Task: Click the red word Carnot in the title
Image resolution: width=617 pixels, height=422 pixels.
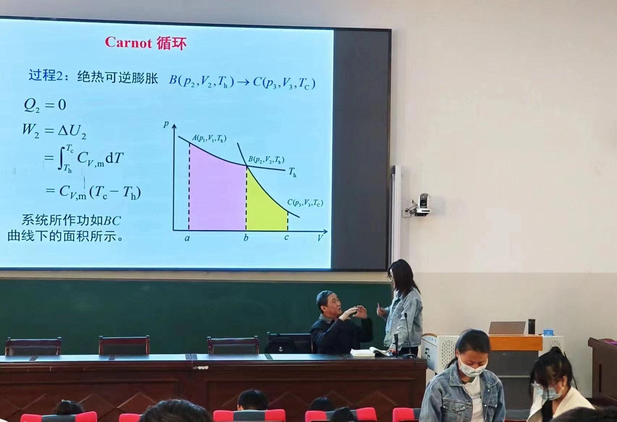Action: [x=128, y=42]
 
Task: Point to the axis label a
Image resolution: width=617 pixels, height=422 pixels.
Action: [x=187, y=238]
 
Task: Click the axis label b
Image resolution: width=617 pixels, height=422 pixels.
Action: [x=246, y=237]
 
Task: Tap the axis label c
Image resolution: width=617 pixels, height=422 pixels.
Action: [x=286, y=237]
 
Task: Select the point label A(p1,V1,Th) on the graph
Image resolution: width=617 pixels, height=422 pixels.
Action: [x=209, y=138]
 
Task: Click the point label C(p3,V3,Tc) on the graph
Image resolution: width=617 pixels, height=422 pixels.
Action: [x=305, y=203]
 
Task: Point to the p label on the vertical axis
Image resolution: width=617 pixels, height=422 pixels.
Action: [x=166, y=125]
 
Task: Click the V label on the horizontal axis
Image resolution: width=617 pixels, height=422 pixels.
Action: [x=320, y=238]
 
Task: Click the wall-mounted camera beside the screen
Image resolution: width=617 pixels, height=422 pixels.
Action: [x=421, y=204]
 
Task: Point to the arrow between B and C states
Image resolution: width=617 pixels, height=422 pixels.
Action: [x=243, y=82]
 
